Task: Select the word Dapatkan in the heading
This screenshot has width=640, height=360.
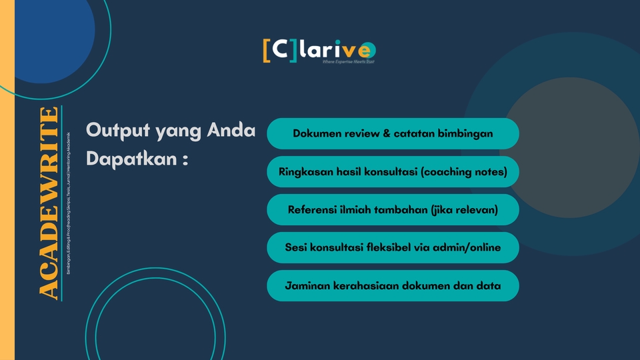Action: [127, 161]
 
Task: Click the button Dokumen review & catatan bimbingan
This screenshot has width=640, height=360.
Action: [393, 133]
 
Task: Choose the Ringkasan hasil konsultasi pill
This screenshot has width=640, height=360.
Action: [393, 171]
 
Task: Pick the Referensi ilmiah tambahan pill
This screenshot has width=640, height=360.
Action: [393, 209]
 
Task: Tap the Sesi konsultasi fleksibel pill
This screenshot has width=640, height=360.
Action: [393, 247]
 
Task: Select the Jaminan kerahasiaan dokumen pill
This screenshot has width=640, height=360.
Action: [393, 285]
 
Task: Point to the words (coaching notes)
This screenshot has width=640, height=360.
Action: [464, 171]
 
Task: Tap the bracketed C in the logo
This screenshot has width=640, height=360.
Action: [280, 51]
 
